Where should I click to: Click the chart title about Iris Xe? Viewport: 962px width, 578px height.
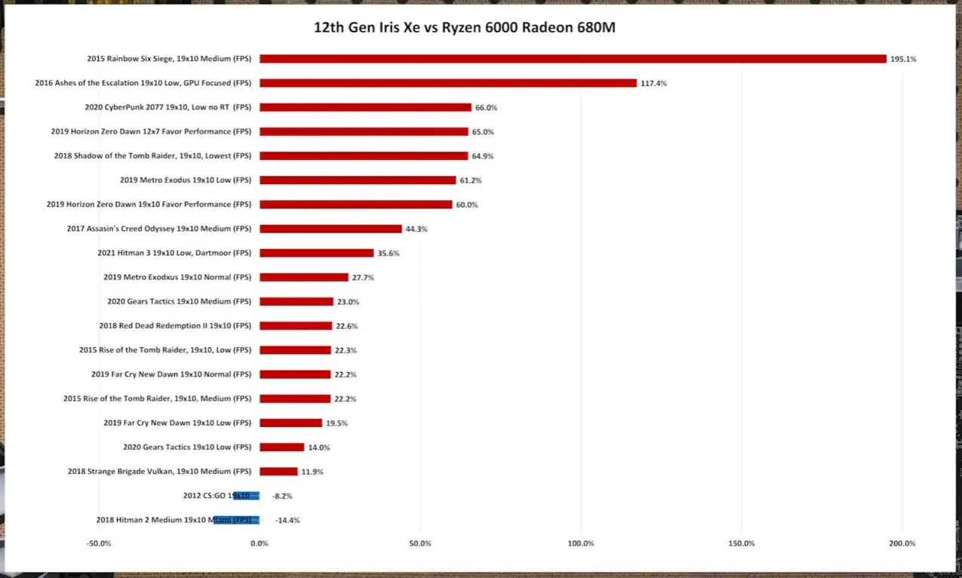click(x=465, y=28)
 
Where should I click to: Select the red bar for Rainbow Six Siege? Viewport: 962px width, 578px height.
click(x=573, y=59)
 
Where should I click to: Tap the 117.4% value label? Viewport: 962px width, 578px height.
click(x=653, y=83)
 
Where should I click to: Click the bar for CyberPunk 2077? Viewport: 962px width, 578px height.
click(x=365, y=107)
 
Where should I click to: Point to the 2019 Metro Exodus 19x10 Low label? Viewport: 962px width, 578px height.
click(x=186, y=180)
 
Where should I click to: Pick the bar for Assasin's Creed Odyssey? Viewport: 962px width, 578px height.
click(x=330, y=229)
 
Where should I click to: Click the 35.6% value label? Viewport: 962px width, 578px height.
click(x=389, y=254)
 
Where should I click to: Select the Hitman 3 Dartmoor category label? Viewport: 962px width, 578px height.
click(x=174, y=253)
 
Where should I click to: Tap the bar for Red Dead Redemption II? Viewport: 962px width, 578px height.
click(x=296, y=326)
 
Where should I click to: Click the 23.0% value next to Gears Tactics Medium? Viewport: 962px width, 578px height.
click(x=348, y=302)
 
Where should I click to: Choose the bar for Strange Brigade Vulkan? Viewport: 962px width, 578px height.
click(x=278, y=472)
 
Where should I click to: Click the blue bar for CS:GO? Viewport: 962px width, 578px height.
click(x=246, y=496)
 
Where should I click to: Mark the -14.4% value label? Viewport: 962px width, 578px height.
click(x=287, y=521)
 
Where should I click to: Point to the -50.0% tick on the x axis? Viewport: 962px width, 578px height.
click(x=99, y=543)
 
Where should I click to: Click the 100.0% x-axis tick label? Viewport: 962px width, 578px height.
click(x=581, y=543)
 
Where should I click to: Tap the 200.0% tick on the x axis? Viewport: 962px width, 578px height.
click(x=902, y=543)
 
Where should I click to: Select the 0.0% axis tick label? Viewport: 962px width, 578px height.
click(x=260, y=543)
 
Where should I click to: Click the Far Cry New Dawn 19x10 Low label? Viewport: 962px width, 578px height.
click(x=177, y=423)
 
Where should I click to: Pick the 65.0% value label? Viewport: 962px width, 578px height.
click(x=483, y=132)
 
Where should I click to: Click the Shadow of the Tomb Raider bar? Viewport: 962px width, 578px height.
click(x=364, y=156)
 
